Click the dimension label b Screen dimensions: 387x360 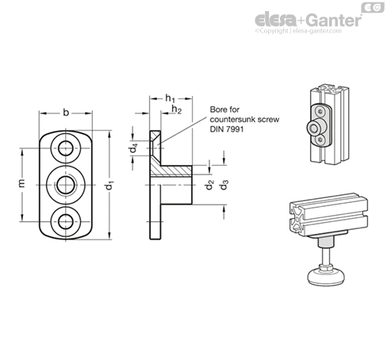pos(66,113)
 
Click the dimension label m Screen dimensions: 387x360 pos(21,183)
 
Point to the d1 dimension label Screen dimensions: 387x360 pos(109,185)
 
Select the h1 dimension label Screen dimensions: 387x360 pos(170,98)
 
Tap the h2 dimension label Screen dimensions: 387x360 pos(177,109)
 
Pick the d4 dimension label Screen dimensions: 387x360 pos(133,148)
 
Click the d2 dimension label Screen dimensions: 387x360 pos(209,185)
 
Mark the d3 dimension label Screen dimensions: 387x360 pos(224,185)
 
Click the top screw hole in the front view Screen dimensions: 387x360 pos(66,148)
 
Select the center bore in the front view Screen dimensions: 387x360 pos(66,185)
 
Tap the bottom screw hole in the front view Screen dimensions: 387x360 pos(66,221)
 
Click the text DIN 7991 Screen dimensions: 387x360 pos(227,129)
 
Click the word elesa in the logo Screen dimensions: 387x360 pos(276,20)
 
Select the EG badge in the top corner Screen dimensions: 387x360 pos(373,8)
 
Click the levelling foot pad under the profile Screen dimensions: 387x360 pos(327,277)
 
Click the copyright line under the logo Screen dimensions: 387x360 pos(298,31)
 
